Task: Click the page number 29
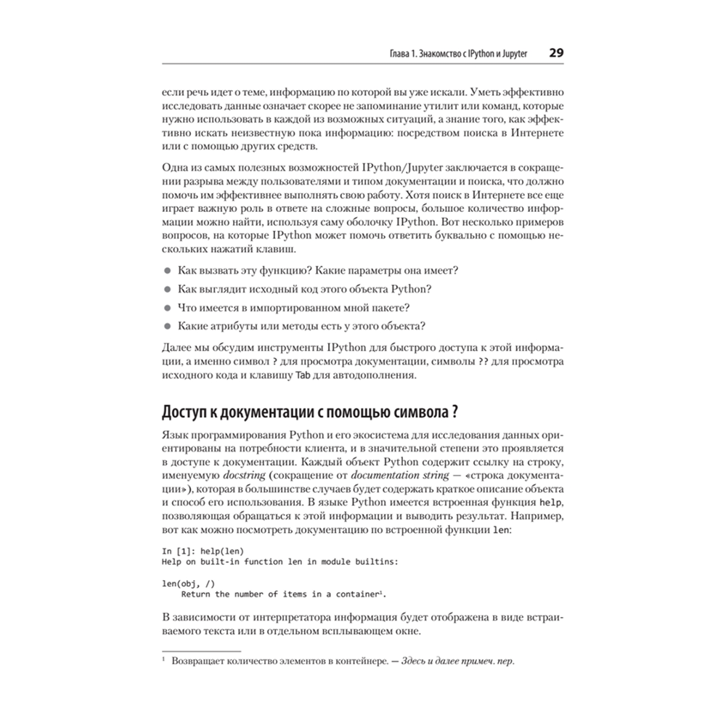pos(557,53)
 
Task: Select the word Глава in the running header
pos(383,54)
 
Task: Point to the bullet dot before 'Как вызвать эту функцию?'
pos(166,271)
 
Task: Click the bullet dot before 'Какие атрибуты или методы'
pos(166,325)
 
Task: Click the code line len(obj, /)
pos(187,582)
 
